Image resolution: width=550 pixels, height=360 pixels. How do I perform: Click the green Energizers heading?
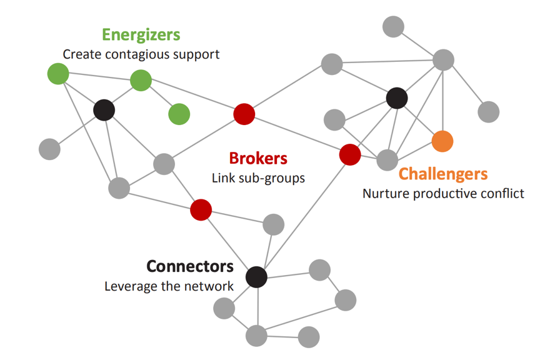(141, 34)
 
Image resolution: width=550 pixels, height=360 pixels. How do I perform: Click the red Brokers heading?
(257, 158)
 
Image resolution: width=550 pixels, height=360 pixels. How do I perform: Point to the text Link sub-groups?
(258, 178)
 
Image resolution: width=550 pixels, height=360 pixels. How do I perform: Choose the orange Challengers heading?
(442, 173)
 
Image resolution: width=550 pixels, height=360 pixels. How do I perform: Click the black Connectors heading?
(190, 266)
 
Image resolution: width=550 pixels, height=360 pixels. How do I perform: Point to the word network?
(210, 287)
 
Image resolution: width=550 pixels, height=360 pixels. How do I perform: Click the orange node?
(442, 141)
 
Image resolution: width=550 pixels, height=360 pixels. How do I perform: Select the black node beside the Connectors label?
(256, 277)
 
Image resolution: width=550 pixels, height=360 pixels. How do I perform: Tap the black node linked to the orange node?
(397, 97)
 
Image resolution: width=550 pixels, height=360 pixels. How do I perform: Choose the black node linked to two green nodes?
(104, 110)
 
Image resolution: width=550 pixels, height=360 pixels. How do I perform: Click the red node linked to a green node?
(244, 114)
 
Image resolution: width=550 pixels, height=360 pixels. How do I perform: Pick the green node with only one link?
(179, 114)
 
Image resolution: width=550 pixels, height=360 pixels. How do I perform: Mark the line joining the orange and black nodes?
(420, 119)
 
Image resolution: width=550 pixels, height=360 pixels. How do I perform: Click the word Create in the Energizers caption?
(82, 54)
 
